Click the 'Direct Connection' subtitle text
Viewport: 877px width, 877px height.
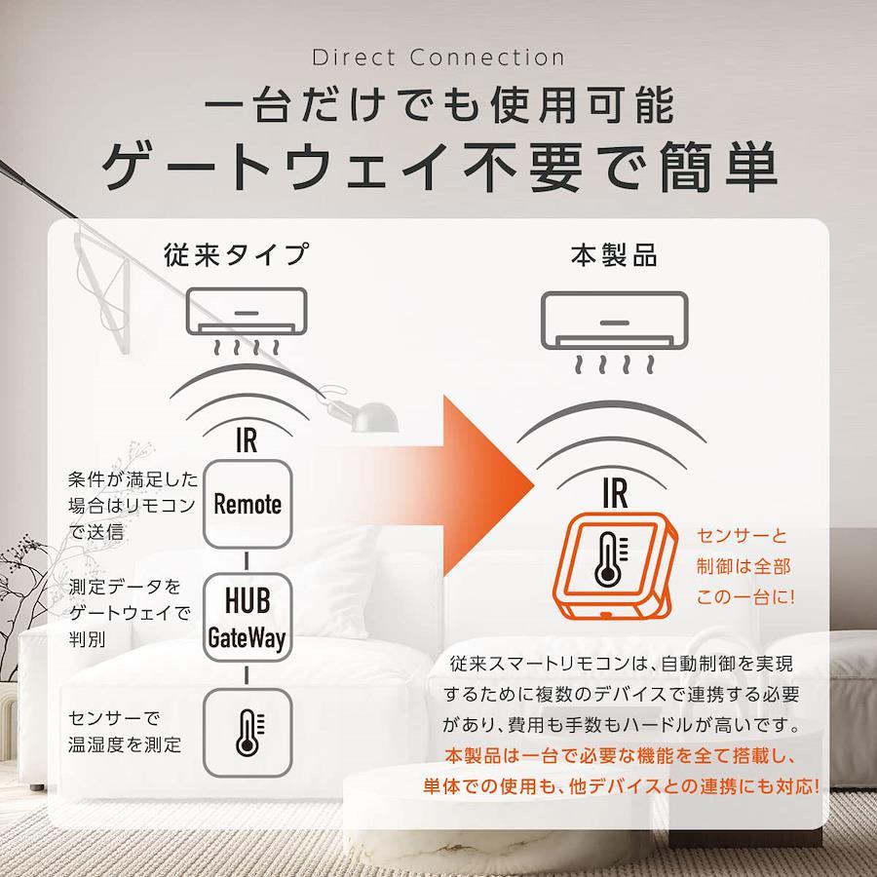tap(438, 57)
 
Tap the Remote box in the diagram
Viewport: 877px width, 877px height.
tap(248, 504)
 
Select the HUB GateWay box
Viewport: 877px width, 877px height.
tap(248, 618)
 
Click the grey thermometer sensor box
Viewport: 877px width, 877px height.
tap(248, 733)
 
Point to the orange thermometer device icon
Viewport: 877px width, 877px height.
tap(614, 566)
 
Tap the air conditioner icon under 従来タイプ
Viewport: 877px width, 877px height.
tap(247, 322)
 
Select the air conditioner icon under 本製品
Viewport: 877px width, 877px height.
tap(614, 332)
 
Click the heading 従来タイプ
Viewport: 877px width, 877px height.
tap(237, 254)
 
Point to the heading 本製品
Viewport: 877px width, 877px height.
tap(614, 255)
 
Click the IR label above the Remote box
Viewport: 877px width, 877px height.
tap(247, 440)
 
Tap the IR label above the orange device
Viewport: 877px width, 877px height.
tap(615, 493)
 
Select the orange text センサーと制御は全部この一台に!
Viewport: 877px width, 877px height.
tap(744, 566)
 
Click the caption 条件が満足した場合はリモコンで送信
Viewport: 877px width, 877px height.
tap(133, 505)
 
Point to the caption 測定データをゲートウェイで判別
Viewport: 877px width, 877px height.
tap(130, 613)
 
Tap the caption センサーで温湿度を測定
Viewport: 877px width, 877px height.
tap(125, 731)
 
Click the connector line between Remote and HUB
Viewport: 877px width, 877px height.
tap(247, 561)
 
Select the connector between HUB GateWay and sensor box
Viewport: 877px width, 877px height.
tap(247, 675)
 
